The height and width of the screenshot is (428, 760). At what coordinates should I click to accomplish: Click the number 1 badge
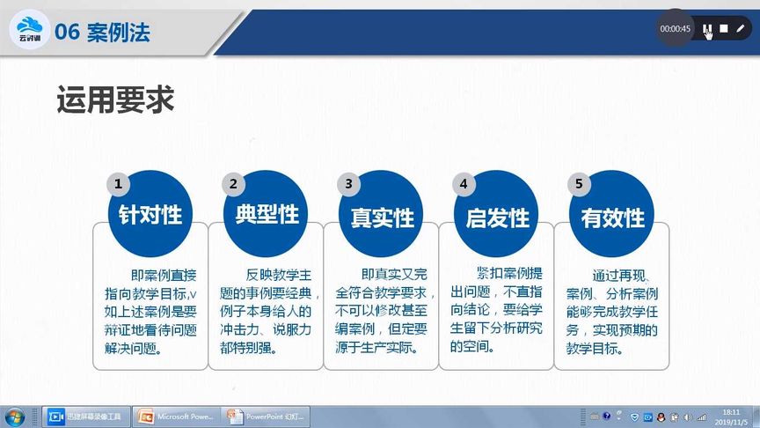coord(118,184)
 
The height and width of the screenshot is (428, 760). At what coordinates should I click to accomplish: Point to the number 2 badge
coord(233,184)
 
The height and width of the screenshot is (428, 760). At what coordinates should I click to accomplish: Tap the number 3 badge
coord(348,184)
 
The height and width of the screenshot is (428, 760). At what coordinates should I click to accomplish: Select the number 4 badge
coord(464,184)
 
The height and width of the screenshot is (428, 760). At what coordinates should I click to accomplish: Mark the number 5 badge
coord(579,184)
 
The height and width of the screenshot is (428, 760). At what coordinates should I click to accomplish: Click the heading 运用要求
coord(115,100)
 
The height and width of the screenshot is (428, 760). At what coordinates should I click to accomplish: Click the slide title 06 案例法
coord(102,33)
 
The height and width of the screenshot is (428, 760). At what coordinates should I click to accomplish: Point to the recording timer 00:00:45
coord(676,29)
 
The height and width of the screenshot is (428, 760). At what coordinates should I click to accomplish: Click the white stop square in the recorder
coord(724,28)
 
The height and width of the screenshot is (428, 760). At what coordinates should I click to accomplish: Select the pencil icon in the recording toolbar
coord(741,28)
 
